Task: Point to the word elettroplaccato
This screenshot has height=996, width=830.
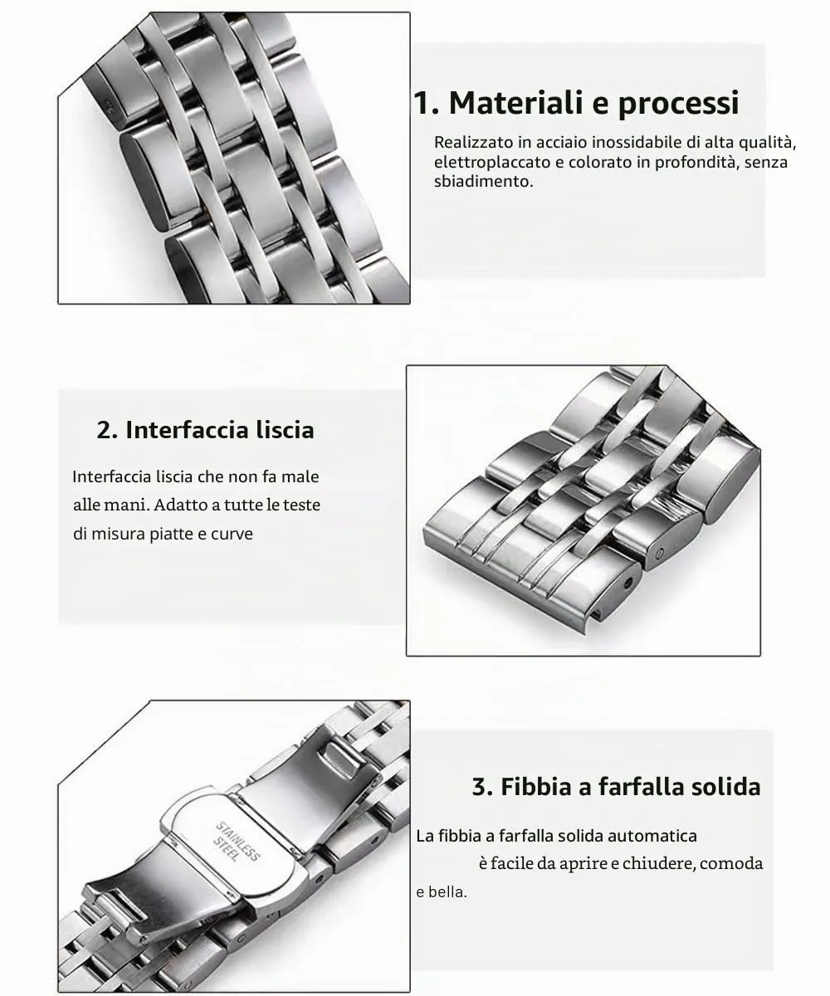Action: [x=492, y=163]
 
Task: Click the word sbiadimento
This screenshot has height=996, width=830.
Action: [x=483, y=181]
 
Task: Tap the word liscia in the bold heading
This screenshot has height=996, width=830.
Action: [x=286, y=430]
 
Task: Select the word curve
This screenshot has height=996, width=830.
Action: [x=232, y=534]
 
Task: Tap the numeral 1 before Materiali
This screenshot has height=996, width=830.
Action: [x=422, y=103]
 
